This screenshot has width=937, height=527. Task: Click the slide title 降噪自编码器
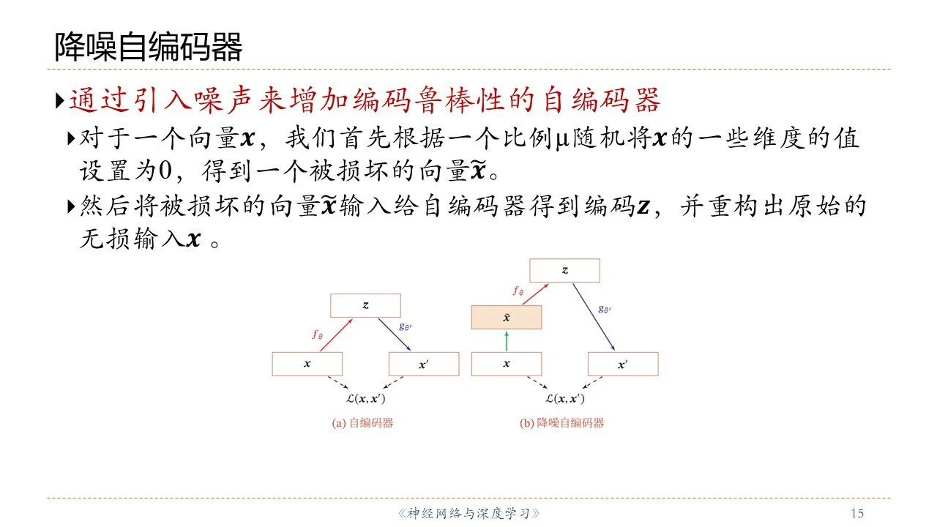pos(149,47)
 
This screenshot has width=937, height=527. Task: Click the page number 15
pos(857,513)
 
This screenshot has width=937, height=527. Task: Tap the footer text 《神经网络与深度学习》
pos(468,514)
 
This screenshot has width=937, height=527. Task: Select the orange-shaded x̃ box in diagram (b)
pos(507,318)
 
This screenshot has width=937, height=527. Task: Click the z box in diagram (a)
pos(365,305)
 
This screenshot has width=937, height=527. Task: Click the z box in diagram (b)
pos(564,270)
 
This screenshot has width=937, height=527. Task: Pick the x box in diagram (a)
pos(307,364)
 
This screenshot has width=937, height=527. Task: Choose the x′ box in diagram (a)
pos(424,364)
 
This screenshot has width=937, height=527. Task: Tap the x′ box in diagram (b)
pos(623,364)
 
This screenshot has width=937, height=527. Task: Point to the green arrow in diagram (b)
pos(507,341)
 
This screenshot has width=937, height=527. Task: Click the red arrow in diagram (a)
pos(336,335)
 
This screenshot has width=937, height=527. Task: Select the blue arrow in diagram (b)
pos(594,317)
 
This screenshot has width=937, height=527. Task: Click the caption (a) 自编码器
pos(362,423)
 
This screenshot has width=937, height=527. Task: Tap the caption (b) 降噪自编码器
pos(561,423)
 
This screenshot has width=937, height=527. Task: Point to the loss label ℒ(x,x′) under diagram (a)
pos(365,399)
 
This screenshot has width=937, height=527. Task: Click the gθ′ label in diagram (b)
pos(605,310)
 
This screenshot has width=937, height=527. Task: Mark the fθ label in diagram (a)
pos(318,334)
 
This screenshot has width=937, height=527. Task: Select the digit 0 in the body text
pos(165,171)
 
